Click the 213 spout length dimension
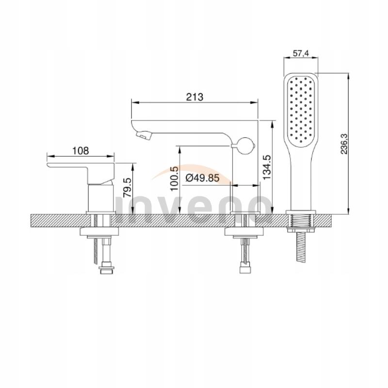[x=194, y=97]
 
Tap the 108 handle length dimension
[x=81, y=150]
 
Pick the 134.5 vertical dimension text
[x=266, y=167]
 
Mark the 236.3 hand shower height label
[x=343, y=144]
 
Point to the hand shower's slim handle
[x=301, y=179]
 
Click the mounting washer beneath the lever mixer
[x=101, y=233]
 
